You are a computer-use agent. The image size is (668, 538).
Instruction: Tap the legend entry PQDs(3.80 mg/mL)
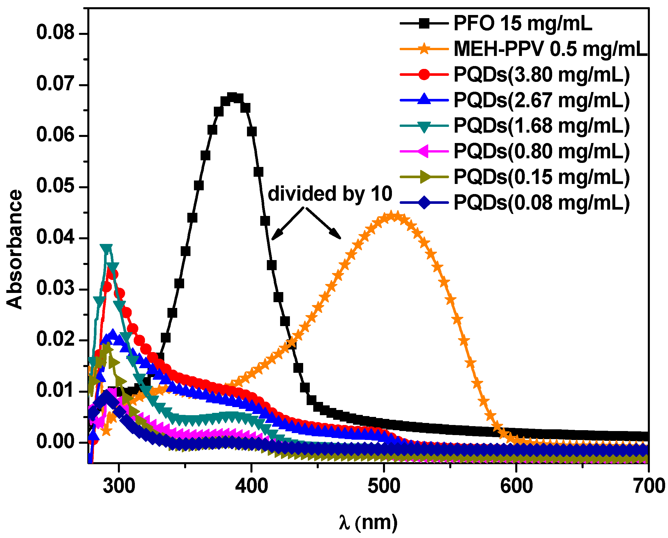tap(541, 75)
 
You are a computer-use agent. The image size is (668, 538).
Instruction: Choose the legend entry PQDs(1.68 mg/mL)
tap(541, 126)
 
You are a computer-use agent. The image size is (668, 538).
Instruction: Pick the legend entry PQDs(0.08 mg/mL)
tap(541, 203)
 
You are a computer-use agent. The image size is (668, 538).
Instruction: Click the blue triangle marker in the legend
tap(424, 100)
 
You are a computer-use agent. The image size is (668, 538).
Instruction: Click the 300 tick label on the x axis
tap(119, 486)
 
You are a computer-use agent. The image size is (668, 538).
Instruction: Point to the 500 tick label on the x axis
tap(384, 486)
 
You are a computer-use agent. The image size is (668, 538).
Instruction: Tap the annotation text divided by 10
tap(330, 194)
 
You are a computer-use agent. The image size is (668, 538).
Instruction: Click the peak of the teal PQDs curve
tap(106, 249)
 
